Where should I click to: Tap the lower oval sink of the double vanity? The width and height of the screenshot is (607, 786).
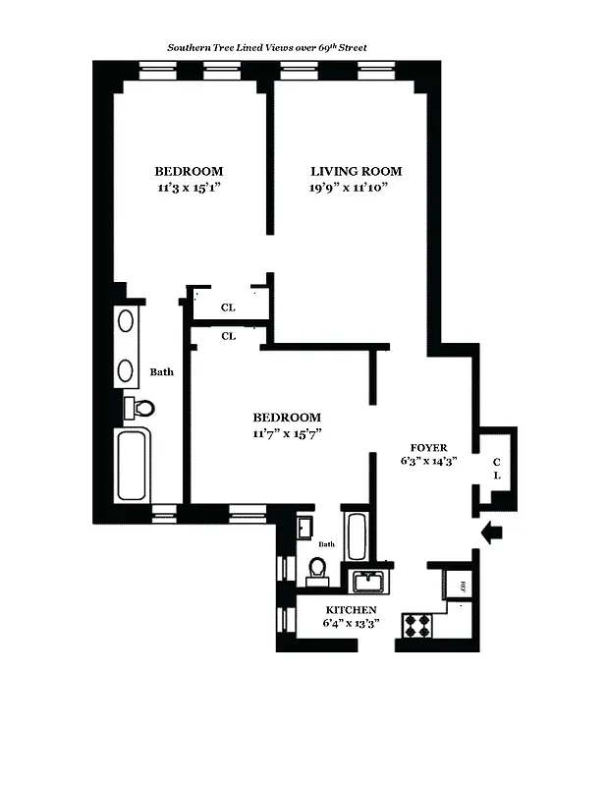tap(126, 369)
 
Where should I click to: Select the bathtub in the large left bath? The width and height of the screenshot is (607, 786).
tap(132, 466)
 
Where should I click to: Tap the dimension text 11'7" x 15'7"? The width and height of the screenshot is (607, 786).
tap(287, 432)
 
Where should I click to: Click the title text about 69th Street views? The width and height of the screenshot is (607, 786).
tap(266, 46)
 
